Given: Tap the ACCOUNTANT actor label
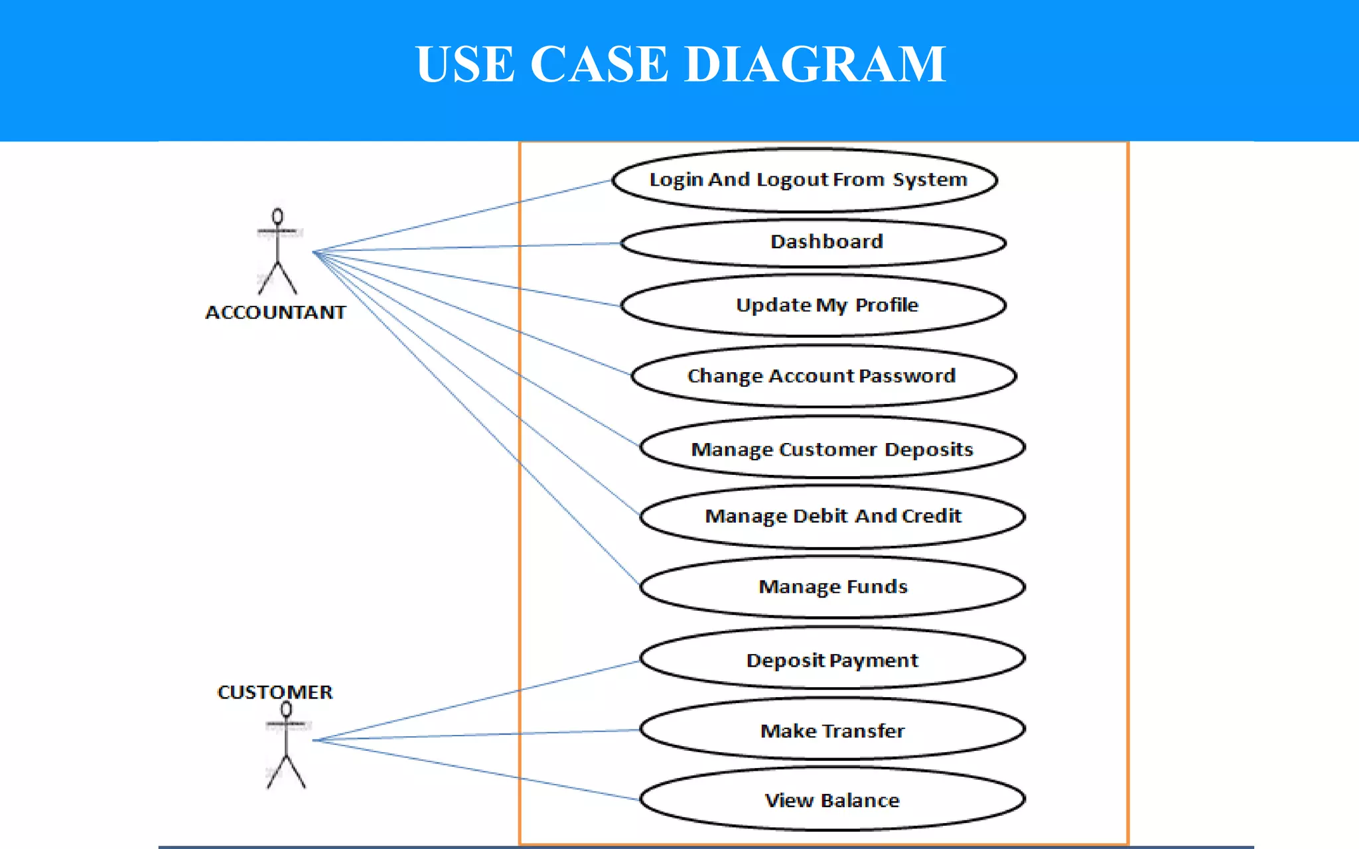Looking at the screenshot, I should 275,312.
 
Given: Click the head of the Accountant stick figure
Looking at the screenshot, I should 277,216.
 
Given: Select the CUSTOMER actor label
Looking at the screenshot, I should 275,692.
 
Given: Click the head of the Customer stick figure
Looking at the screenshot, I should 286,709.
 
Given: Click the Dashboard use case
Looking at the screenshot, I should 826,242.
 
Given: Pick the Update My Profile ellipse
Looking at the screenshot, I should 826,305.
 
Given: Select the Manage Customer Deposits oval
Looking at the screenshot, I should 831,449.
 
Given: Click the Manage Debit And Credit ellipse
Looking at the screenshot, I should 833,516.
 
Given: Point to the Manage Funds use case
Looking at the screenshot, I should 833,587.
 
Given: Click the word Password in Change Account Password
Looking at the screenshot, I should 906,376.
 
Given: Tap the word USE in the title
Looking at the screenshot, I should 465,64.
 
